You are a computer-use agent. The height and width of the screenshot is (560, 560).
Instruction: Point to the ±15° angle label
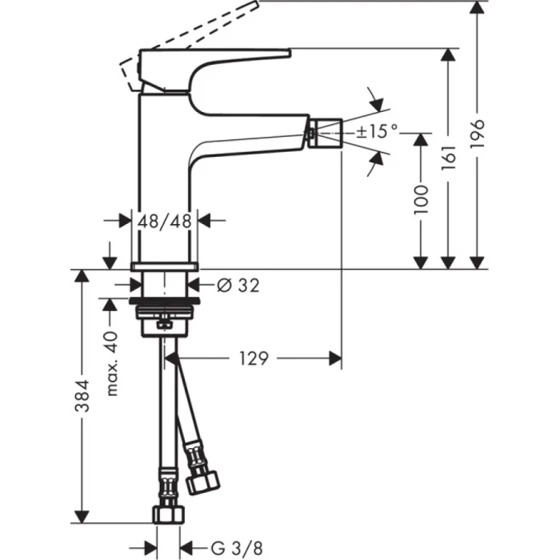[x=377, y=132]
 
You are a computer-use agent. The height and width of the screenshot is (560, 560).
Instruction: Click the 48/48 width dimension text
[x=164, y=221]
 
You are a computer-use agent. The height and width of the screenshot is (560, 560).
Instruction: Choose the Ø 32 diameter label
[x=238, y=284]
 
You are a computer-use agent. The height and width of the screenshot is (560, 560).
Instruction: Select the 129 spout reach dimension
[x=252, y=358]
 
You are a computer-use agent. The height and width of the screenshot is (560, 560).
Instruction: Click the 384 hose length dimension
[x=81, y=395]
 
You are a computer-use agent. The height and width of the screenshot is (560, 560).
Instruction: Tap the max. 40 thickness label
[x=112, y=363]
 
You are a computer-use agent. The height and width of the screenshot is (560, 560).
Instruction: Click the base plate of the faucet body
[x=164, y=265]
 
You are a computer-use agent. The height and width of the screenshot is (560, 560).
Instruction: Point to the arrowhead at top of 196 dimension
[x=477, y=8]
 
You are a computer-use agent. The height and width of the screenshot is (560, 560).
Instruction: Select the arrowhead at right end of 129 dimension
[x=336, y=358]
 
